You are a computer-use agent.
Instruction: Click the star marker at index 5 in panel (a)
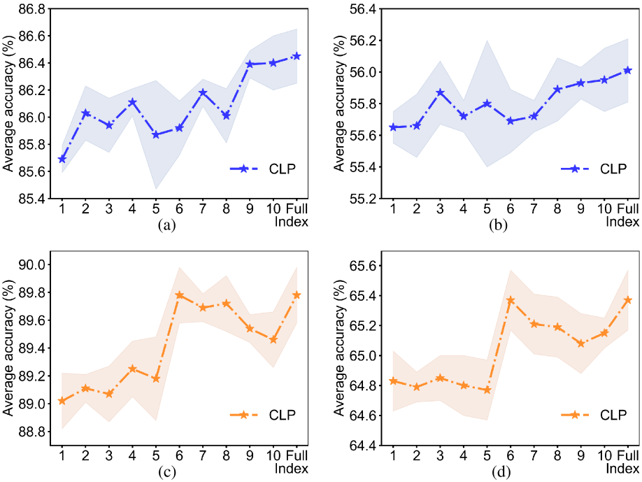156,134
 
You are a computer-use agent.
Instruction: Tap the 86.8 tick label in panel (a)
31,10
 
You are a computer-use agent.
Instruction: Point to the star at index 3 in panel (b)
440,92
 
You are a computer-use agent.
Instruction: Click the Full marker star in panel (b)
627,69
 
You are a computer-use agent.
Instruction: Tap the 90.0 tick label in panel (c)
32,264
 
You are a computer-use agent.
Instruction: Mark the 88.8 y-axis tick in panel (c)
32,432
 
